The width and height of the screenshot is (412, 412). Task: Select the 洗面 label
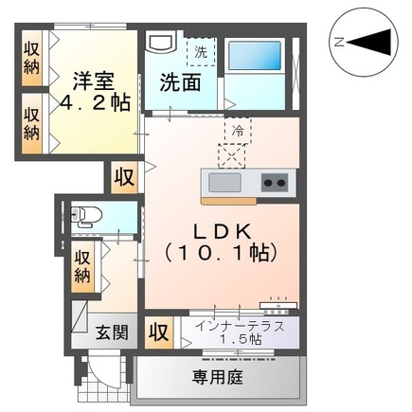coord(179,82)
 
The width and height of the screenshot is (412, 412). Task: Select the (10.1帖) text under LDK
coord(220,253)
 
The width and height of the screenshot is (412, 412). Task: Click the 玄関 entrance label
coord(112,332)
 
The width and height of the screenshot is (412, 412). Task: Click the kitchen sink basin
coord(224,183)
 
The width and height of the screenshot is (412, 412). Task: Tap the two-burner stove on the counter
coord(275,182)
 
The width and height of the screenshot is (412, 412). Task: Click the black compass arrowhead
coord(375,42)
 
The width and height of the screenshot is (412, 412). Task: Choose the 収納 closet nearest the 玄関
coord(82,265)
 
